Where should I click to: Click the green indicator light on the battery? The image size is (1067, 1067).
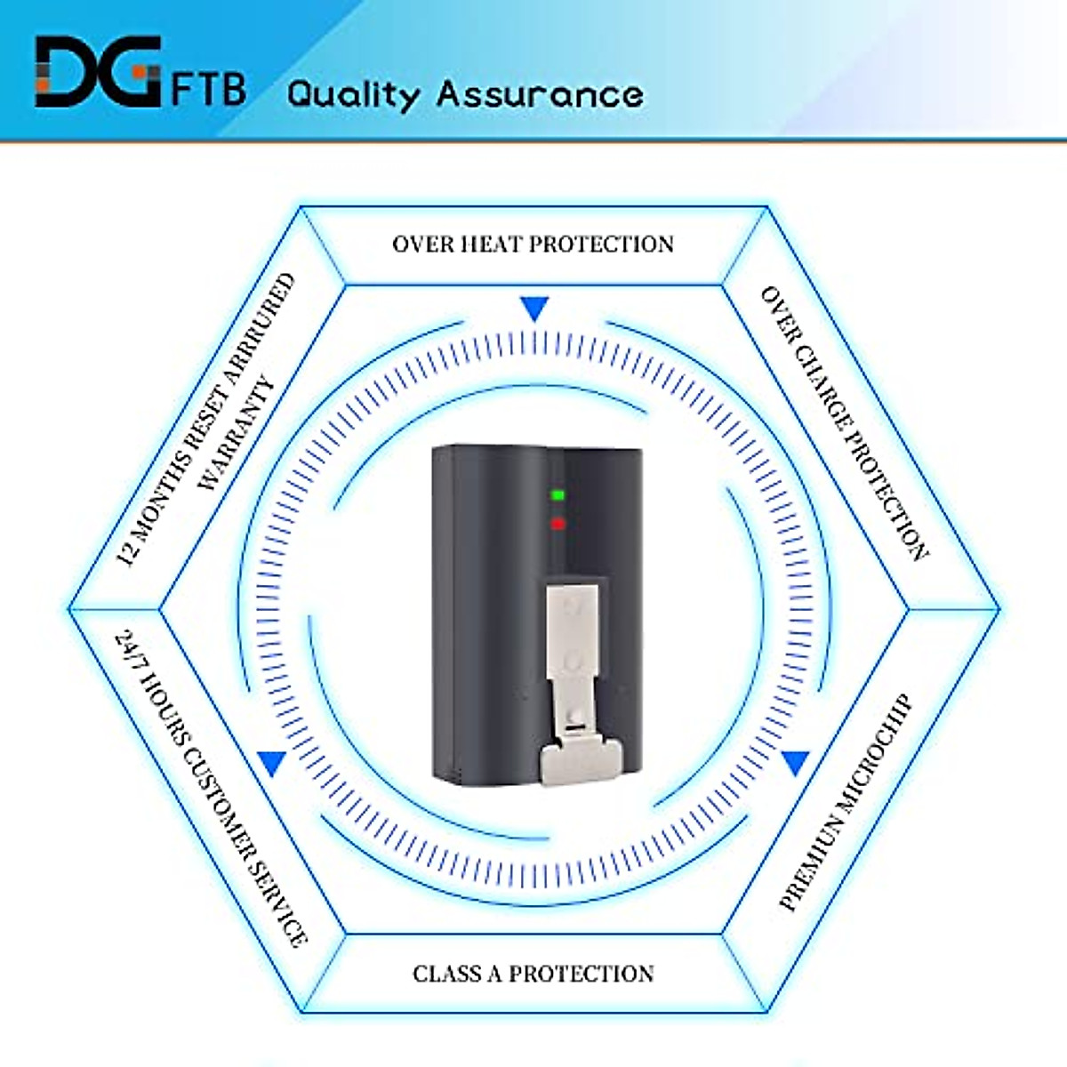[x=558, y=495]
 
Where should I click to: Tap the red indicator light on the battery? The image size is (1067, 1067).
[x=558, y=523]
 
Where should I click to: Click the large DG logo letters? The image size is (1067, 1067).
[x=98, y=71]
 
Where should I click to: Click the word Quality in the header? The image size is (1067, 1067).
[x=353, y=95]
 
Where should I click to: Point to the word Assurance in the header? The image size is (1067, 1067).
[x=540, y=94]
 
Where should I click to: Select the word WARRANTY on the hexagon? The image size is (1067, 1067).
[x=237, y=434]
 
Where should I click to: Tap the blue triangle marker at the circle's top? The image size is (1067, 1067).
[x=535, y=309]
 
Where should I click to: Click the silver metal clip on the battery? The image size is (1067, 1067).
[x=580, y=685]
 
